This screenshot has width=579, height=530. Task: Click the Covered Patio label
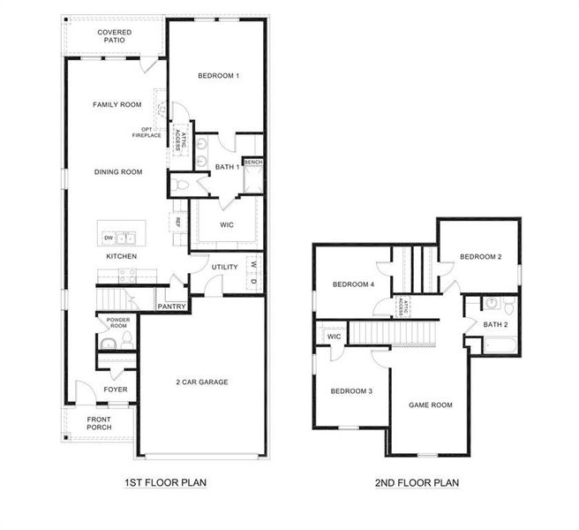coord(115,36)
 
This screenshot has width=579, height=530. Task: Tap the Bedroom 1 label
coord(217,76)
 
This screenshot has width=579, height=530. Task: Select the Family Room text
coord(117,104)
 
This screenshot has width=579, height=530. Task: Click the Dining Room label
coord(118,172)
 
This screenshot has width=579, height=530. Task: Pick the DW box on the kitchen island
coord(109,238)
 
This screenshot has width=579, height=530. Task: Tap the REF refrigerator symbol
coord(177,221)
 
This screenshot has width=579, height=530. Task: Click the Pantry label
coord(171,307)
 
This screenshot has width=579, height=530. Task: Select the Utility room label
coord(224,266)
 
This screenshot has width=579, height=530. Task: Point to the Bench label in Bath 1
coord(253,163)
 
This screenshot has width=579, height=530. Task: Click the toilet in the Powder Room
coord(126,339)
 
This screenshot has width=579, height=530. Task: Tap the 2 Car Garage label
coord(201,382)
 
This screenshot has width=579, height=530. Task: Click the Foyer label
coord(115,389)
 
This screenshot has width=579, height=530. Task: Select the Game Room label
coord(430,405)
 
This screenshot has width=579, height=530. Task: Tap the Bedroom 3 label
coord(352,390)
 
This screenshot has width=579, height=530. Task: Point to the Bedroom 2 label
coord(480,257)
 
